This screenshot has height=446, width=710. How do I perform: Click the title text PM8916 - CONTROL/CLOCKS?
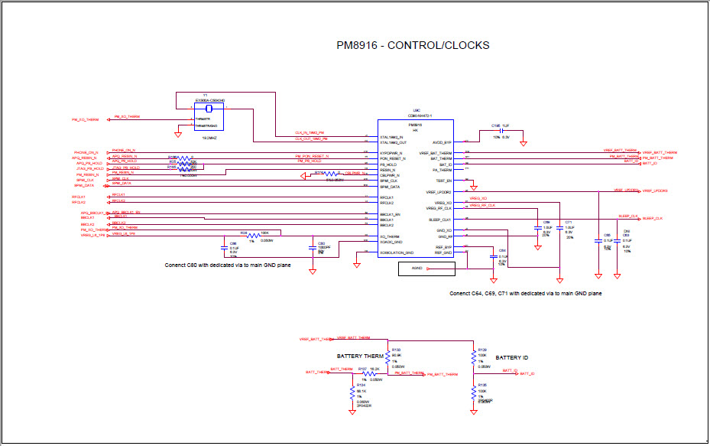click(x=413, y=45)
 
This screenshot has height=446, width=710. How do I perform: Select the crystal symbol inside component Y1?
click(x=189, y=108)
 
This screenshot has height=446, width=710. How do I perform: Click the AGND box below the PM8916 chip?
click(x=416, y=269)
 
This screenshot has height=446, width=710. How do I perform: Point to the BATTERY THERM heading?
click(x=360, y=356)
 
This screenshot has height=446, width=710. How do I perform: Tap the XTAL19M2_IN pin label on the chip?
click(x=392, y=136)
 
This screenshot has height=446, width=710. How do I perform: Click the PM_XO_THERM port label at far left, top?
click(x=85, y=119)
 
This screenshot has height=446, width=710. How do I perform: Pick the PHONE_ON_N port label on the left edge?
click(x=86, y=152)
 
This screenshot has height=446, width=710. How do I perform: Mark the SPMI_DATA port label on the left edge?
click(x=84, y=185)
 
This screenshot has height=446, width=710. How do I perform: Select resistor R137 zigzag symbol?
click(x=365, y=374)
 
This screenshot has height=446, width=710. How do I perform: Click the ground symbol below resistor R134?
click(x=352, y=412)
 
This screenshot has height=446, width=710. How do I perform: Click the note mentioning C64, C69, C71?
click(x=525, y=294)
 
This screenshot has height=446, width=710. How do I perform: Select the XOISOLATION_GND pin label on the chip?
click(x=397, y=252)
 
